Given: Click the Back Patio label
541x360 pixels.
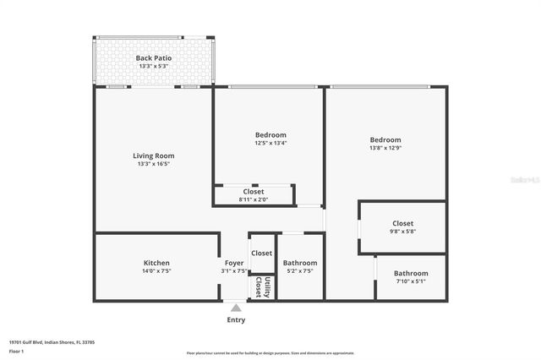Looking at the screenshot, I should pos(154,58).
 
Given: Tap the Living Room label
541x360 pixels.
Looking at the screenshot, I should pos(154,155).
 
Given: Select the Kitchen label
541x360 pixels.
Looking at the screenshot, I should pos(156,263).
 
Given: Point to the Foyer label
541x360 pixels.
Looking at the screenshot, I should pos(234,263).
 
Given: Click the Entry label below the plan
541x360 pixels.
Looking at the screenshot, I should pos(237,320).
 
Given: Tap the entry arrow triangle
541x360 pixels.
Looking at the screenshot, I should pos(236,307).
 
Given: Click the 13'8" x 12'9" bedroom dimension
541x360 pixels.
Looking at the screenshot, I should pos(385,149).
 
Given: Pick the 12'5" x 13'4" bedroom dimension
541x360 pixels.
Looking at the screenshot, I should pos(270,144).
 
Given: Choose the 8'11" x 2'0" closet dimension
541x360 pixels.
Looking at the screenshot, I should pos(253,200).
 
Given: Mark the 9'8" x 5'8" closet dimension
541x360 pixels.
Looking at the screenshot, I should pos(402,232).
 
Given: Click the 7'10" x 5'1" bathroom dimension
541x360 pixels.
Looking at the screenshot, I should pos(411,282).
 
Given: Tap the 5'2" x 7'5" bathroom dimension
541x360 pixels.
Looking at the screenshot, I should pos(300,271).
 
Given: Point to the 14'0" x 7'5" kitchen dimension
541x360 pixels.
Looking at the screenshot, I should pos(156,271).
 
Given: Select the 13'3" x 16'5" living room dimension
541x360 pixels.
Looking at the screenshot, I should pos(154,164).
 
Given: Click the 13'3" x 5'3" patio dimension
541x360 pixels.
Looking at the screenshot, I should pos(154,67).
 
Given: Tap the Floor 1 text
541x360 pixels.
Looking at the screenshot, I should pos(16,351).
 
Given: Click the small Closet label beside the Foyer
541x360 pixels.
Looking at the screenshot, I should pos(262,253).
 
